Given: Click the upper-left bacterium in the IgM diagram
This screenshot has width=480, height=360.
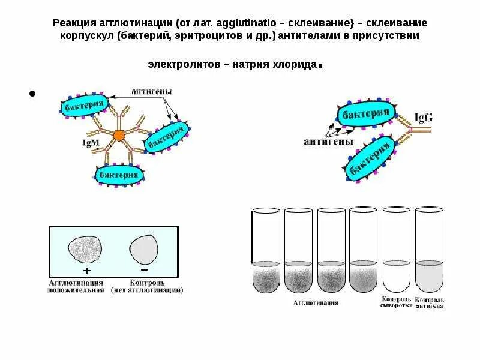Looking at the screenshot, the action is click(83, 104).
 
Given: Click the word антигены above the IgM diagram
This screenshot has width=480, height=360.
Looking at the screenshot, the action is click(152, 92).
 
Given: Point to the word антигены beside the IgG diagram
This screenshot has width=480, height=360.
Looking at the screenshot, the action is click(325, 142).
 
